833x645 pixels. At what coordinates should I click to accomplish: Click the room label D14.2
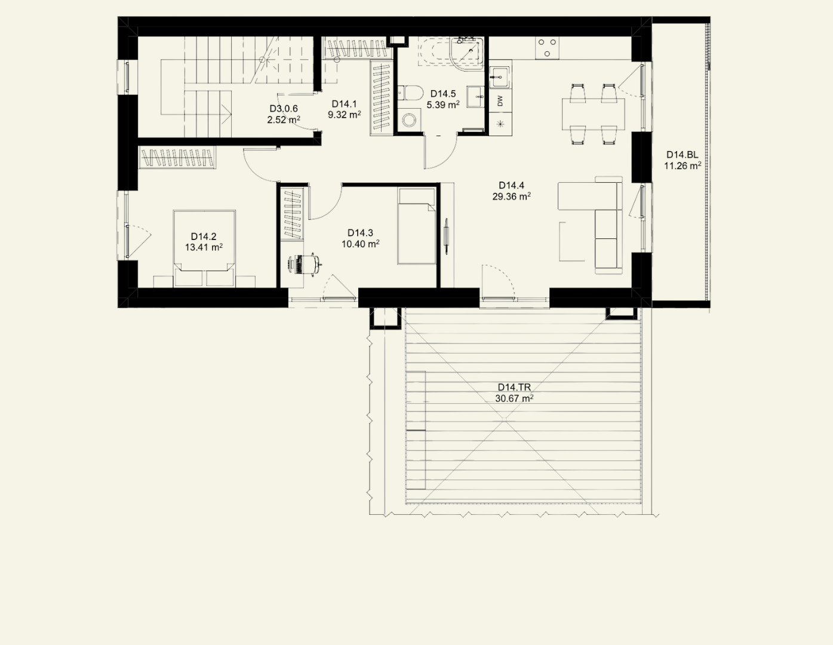click(204, 236)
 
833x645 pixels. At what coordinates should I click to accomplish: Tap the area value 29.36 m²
click(511, 196)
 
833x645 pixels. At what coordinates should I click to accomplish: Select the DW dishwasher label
click(500, 101)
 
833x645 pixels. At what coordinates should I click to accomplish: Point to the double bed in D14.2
click(204, 248)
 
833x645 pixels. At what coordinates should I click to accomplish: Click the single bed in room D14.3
click(417, 226)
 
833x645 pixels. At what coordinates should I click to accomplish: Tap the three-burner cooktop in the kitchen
click(547, 48)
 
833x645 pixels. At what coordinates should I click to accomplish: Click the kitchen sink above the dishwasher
click(500, 78)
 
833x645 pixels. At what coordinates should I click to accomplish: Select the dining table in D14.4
click(594, 114)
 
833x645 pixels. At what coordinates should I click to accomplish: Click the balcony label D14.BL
click(682, 155)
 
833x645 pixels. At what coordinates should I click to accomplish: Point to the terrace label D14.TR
click(514, 387)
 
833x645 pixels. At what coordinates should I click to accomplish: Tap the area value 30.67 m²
click(514, 398)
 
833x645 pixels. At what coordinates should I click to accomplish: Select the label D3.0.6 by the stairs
click(283, 109)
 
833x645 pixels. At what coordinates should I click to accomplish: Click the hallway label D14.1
click(344, 104)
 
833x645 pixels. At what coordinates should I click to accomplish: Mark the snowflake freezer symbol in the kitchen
click(500, 124)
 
